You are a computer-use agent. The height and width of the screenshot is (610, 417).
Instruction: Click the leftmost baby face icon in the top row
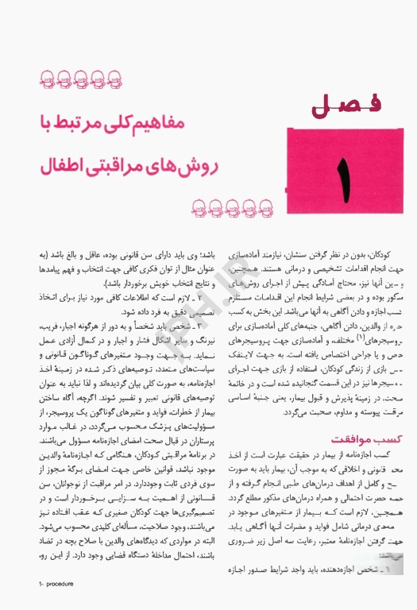tap(47, 79)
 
